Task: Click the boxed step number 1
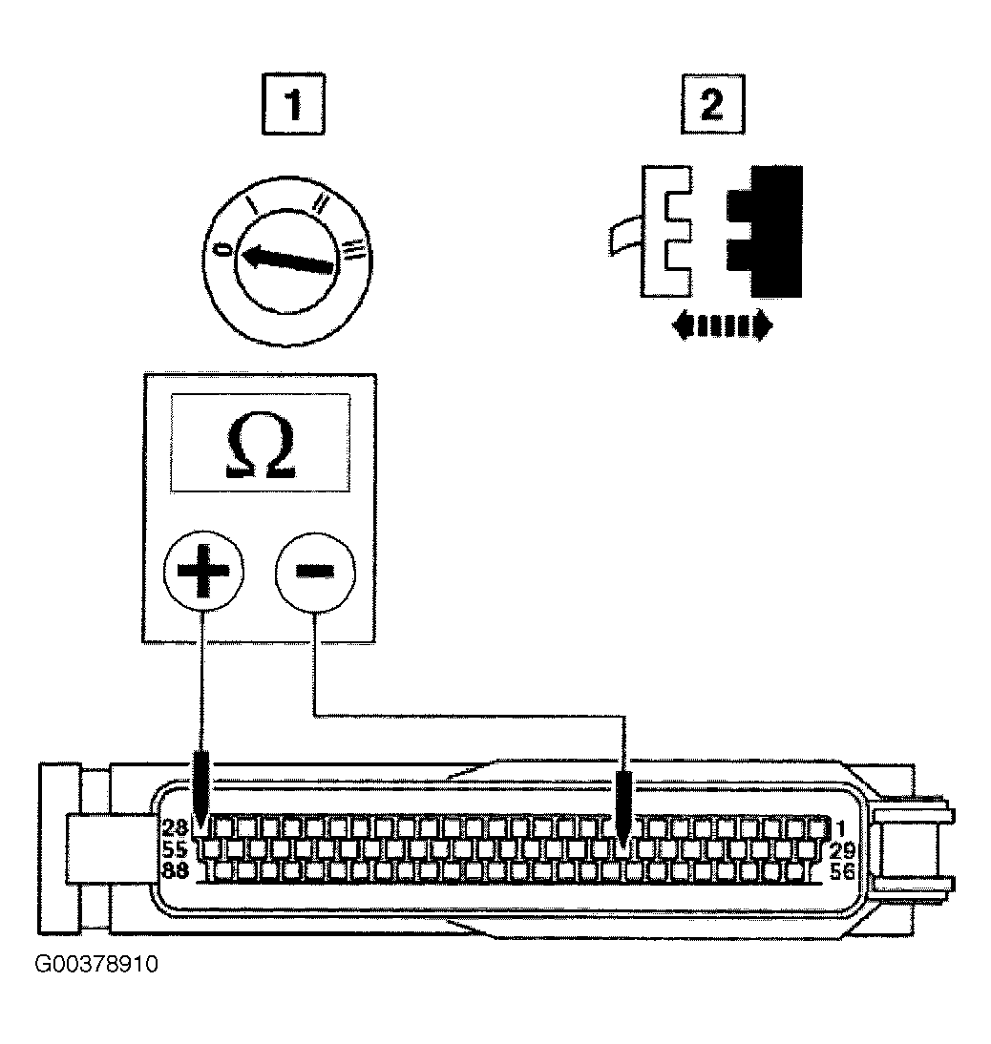pos(293,105)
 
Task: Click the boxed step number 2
pos(712,105)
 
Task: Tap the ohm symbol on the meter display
pos(261,445)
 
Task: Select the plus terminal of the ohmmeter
pos(203,572)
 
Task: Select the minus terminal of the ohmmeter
pos(316,572)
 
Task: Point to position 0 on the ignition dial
pos(225,250)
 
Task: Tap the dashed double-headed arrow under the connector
pos(723,326)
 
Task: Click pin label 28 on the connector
pos(175,827)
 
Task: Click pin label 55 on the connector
pos(175,849)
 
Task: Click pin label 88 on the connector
pos(175,870)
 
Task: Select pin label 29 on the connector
pos(842,851)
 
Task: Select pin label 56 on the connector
pos(842,871)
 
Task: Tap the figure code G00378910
pos(96,964)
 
